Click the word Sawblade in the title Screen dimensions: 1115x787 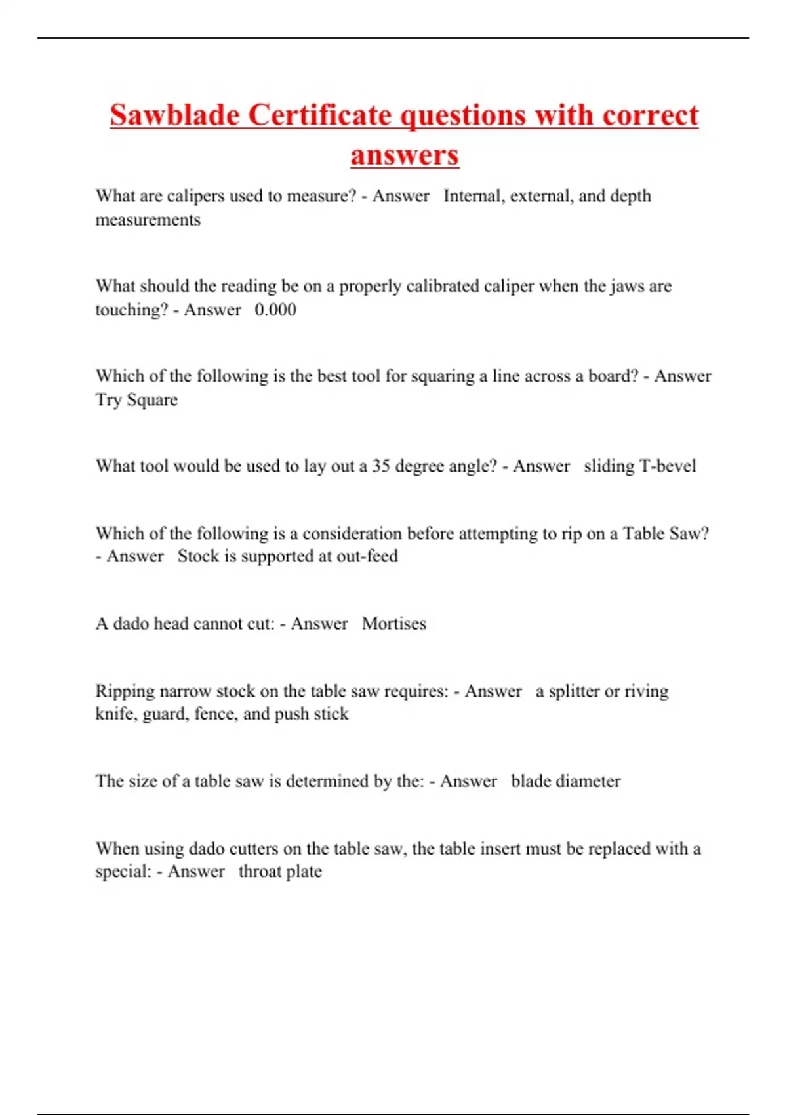click(174, 115)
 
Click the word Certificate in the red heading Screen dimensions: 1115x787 click(319, 115)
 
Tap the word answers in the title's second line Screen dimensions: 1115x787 click(404, 155)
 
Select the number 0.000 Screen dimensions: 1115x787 click(275, 310)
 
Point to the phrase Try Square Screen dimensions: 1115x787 click(136, 400)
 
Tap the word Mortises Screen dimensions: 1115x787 click(393, 624)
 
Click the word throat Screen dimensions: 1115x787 click(260, 872)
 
